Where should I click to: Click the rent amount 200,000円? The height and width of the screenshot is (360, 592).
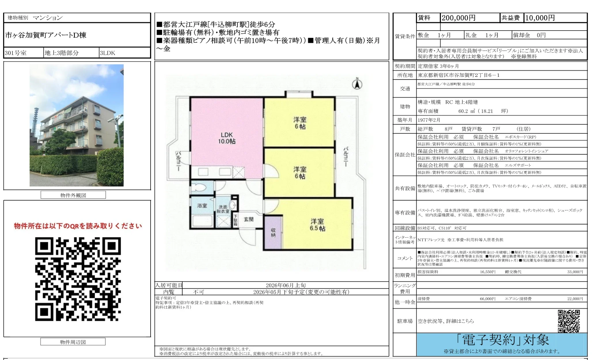[x=458, y=18]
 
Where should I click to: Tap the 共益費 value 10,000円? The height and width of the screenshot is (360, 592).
[x=540, y=18]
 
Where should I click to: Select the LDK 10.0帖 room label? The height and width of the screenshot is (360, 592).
[x=227, y=138]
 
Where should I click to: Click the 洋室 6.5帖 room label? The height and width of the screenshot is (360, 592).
[x=317, y=225]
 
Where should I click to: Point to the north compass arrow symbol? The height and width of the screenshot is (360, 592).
[x=357, y=84]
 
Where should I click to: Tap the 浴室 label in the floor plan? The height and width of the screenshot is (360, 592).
[x=202, y=205]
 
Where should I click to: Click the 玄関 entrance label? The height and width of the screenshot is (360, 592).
[x=248, y=219]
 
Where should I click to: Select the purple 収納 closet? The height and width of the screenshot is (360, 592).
[x=273, y=233]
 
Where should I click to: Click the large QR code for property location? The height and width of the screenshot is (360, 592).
[x=78, y=279]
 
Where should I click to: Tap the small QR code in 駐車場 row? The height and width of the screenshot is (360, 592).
[x=569, y=321]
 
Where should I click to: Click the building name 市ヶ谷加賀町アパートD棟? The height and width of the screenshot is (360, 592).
[x=46, y=35]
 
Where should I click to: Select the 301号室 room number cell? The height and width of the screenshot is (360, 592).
[x=16, y=53]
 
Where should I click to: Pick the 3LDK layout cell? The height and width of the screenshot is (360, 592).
[x=107, y=53]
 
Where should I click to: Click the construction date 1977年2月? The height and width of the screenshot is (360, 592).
[x=429, y=120]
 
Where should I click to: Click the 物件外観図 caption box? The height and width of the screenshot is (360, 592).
[x=73, y=195]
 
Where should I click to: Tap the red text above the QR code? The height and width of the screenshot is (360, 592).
[x=78, y=226]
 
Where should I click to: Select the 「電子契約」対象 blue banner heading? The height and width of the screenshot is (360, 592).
[x=502, y=340]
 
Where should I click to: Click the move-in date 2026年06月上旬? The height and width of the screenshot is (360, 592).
[x=286, y=285]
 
